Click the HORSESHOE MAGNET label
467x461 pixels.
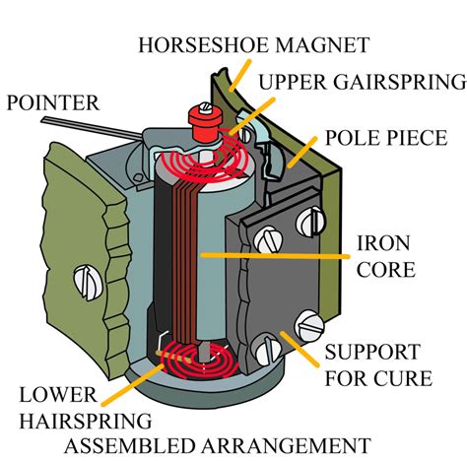(x=254, y=45)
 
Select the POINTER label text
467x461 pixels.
(x=53, y=102)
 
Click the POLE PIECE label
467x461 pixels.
(x=386, y=138)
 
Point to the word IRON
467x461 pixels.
(x=383, y=243)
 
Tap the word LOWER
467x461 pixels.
(x=58, y=395)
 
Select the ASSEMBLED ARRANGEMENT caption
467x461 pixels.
(x=218, y=446)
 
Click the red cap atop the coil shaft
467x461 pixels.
(x=204, y=121)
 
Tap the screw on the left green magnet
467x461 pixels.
(x=88, y=283)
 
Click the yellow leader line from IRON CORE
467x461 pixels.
(x=275, y=255)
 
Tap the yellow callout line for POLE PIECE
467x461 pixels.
(x=302, y=153)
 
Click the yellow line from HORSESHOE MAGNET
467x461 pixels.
(x=240, y=75)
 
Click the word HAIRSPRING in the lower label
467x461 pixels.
(x=86, y=421)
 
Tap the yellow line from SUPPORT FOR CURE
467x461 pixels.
(x=300, y=349)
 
